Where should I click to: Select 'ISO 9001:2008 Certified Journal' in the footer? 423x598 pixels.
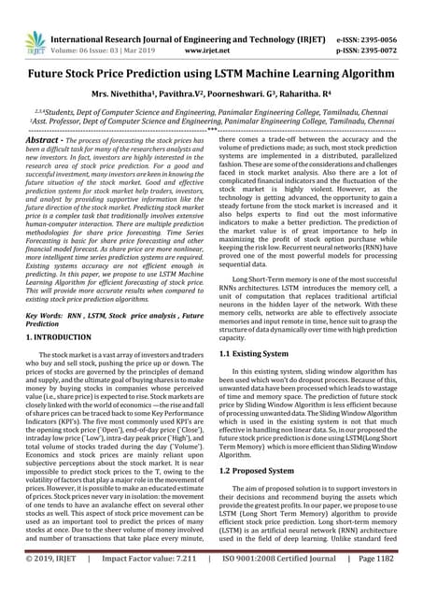(x=270, y=584)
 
